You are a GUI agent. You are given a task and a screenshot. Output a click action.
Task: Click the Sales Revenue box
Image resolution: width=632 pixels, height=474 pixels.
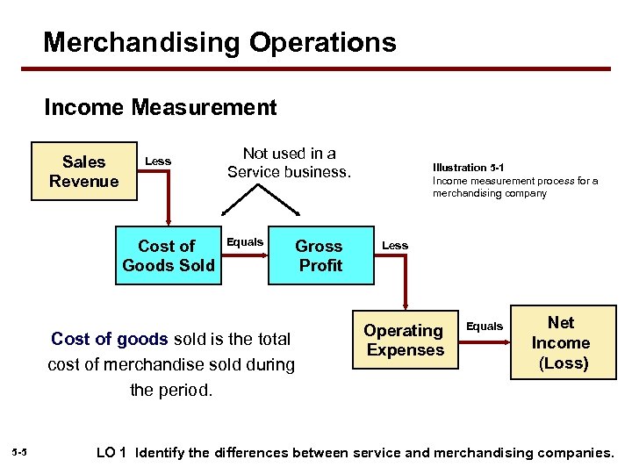tap(83, 171)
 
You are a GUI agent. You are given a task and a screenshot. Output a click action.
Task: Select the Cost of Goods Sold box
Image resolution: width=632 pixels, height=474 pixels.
tap(168, 255)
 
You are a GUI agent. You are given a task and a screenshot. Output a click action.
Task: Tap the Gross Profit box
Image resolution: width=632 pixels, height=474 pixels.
tap(320, 255)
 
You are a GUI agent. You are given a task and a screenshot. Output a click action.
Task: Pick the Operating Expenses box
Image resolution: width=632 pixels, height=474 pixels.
tap(405, 341)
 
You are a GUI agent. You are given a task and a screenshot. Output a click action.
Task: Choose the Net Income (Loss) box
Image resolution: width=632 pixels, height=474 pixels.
tap(563, 342)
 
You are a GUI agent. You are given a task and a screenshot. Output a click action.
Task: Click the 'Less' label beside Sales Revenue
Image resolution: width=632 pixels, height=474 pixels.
tap(158, 161)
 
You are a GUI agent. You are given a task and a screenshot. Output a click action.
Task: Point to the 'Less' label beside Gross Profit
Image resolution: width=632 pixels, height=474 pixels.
tap(395, 245)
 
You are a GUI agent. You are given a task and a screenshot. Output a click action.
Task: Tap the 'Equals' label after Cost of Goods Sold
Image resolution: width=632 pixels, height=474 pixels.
tap(245, 241)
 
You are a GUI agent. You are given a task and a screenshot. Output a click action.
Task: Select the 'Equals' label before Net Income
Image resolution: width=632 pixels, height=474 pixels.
tap(485, 326)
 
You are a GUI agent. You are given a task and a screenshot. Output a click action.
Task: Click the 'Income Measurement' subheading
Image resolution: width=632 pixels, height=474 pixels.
tap(161, 108)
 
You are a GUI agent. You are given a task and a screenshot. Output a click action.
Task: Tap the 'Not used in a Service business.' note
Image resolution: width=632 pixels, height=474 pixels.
tap(289, 162)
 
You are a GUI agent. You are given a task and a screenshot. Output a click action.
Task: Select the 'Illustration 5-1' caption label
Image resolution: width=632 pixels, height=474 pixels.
tap(468, 167)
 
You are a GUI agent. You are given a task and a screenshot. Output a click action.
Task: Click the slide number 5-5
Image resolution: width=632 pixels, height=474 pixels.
tap(20, 453)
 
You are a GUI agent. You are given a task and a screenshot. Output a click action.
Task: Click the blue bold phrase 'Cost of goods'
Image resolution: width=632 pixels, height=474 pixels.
tap(110, 339)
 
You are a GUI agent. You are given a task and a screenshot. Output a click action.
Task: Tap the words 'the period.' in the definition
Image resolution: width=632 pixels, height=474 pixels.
tap(171, 390)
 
